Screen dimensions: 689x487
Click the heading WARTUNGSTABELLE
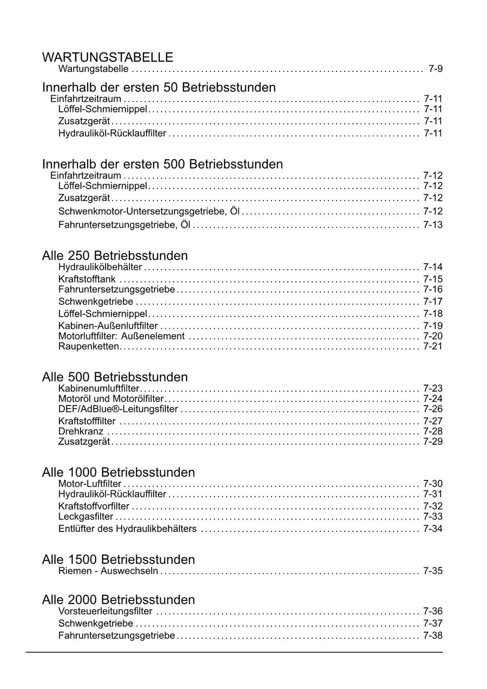[x=107, y=58]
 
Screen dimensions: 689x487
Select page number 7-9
[x=435, y=69]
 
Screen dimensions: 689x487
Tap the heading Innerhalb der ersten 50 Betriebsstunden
[x=159, y=88]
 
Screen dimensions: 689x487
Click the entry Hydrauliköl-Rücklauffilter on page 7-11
[x=112, y=133]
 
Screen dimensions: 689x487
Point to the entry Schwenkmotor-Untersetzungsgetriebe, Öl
[x=149, y=211]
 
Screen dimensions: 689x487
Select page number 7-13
[x=433, y=225]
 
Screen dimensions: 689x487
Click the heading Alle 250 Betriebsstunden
[x=115, y=256]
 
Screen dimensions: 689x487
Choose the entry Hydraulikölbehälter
[x=100, y=267]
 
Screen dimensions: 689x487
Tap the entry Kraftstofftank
[x=87, y=279]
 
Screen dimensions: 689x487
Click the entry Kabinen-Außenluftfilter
[x=108, y=326]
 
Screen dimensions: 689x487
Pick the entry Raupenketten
[x=88, y=346]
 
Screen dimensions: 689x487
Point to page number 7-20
[x=433, y=336]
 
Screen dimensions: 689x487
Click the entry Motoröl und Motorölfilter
[x=111, y=399]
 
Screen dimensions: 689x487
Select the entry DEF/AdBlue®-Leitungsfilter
[x=118, y=409]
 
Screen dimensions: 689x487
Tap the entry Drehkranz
[x=81, y=431]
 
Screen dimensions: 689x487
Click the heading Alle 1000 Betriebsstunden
[x=118, y=472]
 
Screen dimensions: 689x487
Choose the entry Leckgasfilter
[x=86, y=517]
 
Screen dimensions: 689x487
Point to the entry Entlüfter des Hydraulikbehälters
[x=127, y=529]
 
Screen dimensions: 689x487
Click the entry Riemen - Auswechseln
[x=108, y=571]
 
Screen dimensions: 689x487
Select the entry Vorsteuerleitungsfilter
[x=105, y=611]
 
